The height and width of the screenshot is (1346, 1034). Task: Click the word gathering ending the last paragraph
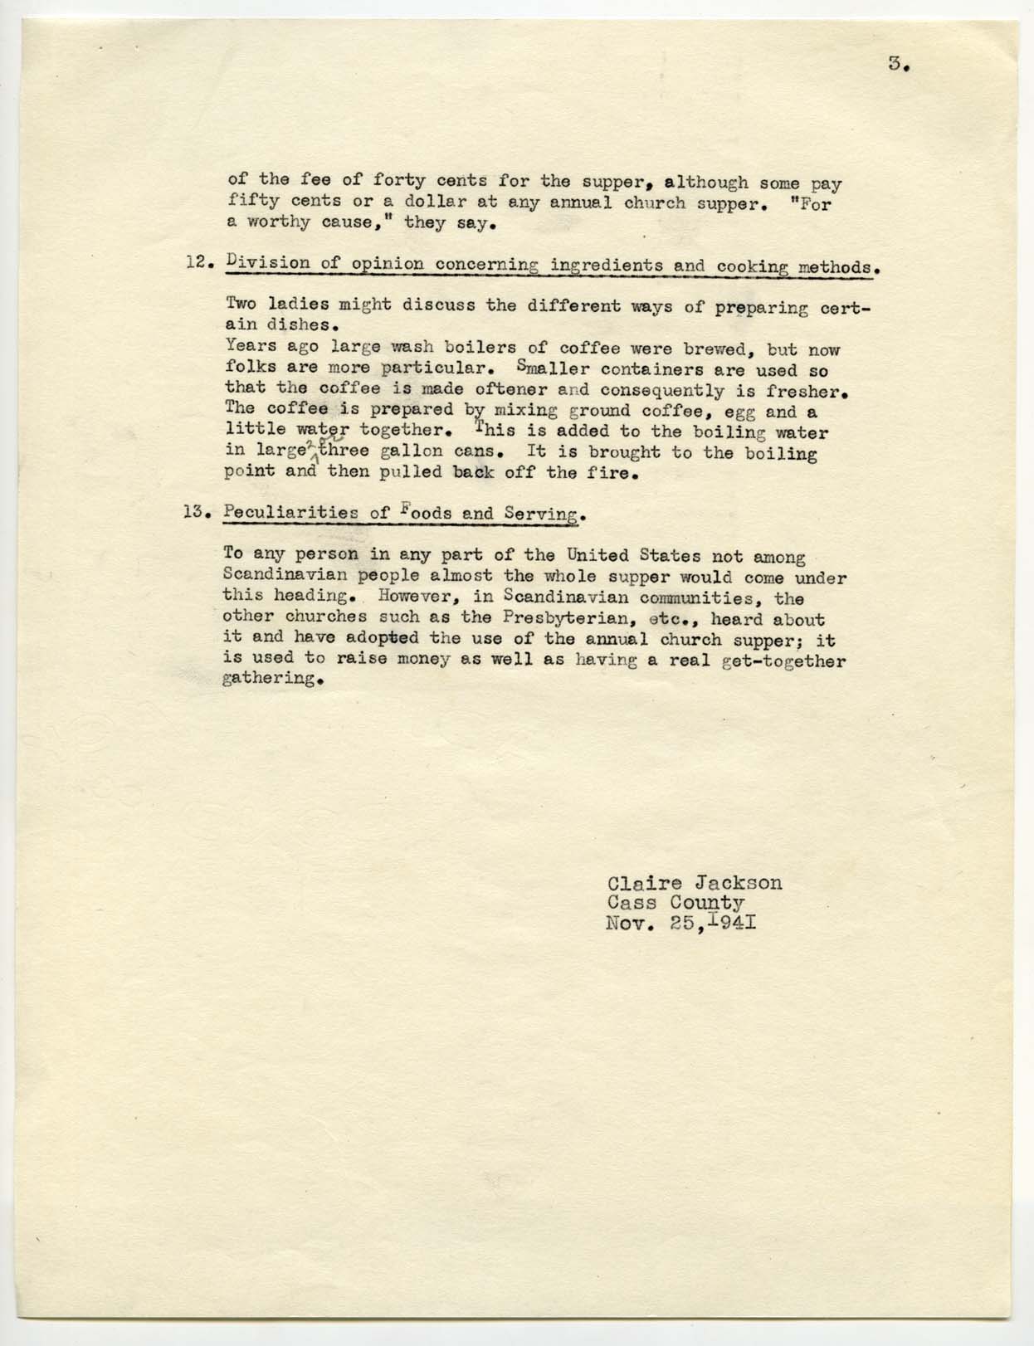pyautogui.click(x=269, y=680)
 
